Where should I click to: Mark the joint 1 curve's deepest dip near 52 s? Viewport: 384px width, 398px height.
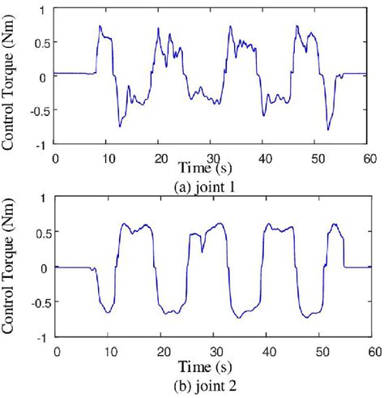pos(328,130)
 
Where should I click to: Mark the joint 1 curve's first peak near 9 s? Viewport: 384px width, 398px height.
pos(100,26)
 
